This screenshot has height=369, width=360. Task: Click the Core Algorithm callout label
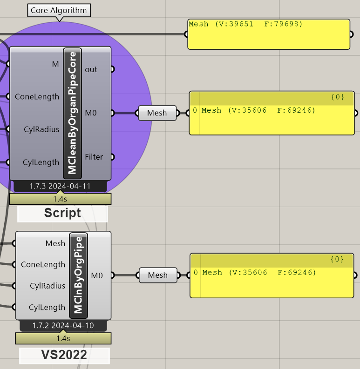click(x=59, y=10)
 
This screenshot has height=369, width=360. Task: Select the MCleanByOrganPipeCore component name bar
click(x=72, y=113)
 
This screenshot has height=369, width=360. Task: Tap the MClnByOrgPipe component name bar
click(x=78, y=275)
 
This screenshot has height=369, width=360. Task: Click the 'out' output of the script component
click(x=91, y=69)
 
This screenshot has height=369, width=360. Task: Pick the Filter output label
click(x=94, y=157)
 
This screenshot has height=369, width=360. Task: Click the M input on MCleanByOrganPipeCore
click(x=55, y=64)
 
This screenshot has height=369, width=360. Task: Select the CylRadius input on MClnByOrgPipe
click(x=48, y=286)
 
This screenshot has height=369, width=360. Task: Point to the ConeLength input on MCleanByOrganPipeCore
click(x=37, y=96)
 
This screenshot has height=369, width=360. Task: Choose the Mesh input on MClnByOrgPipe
click(x=55, y=243)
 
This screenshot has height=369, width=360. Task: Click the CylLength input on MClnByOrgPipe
click(x=47, y=307)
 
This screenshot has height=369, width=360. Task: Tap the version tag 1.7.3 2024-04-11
click(x=60, y=186)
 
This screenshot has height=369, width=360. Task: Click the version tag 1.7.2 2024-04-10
click(x=63, y=325)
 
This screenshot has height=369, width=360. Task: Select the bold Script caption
click(x=62, y=213)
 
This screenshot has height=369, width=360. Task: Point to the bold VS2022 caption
click(x=64, y=355)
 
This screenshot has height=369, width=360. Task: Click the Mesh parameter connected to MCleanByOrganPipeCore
click(x=157, y=113)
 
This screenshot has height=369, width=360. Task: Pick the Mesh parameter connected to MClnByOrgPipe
click(x=158, y=275)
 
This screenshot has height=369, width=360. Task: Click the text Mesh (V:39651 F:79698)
click(x=245, y=24)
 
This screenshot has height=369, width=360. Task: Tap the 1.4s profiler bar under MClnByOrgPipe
click(x=63, y=338)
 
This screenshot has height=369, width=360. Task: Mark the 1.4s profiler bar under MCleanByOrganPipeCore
click(x=60, y=199)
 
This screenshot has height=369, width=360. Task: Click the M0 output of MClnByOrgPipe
click(x=97, y=275)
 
